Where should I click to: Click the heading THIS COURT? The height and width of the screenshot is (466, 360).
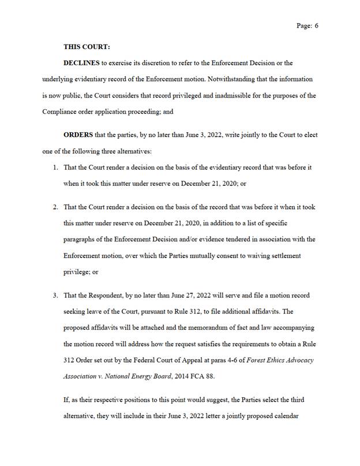87,47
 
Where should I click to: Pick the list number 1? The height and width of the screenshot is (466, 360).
55,167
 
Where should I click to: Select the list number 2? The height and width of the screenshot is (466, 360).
55,207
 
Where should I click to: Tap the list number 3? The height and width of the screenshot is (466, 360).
55,295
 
